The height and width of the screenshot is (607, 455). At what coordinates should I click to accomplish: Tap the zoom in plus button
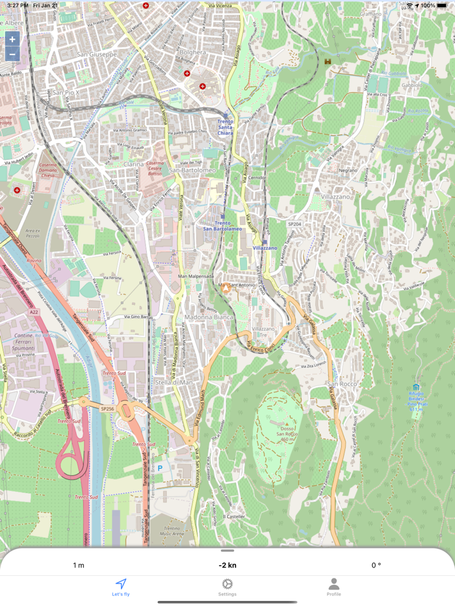(x=12, y=39)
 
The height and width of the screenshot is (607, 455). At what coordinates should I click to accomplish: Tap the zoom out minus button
(x=12, y=55)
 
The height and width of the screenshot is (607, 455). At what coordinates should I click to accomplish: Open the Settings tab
(x=227, y=587)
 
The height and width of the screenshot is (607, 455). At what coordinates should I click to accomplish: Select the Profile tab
(x=333, y=587)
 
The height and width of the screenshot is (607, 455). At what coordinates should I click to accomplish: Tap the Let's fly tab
(x=121, y=587)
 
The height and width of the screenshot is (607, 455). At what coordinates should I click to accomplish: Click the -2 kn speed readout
(x=227, y=565)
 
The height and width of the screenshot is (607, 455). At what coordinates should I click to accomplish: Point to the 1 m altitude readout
(x=79, y=565)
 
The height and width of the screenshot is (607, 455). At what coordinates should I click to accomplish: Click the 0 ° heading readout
(x=376, y=565)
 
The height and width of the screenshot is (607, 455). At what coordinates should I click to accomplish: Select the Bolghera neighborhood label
(x=194, y=53)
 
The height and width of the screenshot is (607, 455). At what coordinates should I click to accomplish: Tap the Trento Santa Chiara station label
(x=225, y=127)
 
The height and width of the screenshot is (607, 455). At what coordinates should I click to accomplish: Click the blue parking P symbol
(x=160, y=468)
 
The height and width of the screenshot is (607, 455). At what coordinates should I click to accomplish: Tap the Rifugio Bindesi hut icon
(x=416, y=387)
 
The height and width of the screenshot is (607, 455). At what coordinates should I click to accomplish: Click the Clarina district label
(x=133, y=164)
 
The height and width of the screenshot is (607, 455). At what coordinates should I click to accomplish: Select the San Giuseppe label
(x=97, y=55)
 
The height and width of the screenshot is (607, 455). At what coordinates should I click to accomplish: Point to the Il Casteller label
(x=234, y=517)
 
